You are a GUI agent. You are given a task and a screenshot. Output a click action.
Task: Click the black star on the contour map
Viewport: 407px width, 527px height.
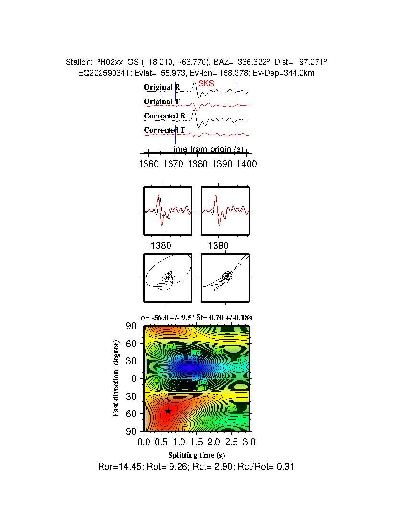(168, 411)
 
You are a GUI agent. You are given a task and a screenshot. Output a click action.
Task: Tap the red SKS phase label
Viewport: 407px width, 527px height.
(206, 83)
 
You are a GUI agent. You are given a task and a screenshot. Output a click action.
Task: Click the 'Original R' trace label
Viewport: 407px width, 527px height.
(162, 87)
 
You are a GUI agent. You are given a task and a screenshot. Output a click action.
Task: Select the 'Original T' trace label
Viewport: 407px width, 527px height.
(162, 102)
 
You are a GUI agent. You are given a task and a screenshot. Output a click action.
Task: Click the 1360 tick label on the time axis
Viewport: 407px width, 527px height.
(148, 164)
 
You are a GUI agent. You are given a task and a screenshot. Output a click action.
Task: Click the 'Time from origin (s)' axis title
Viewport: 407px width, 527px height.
(206, 149)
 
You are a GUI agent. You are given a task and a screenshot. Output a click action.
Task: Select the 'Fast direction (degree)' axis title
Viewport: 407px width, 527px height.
(116, 378)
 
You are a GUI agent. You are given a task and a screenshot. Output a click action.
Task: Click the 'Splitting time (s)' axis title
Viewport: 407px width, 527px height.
(196, 455)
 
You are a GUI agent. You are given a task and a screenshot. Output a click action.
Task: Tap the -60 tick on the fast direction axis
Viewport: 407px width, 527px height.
(131, 413)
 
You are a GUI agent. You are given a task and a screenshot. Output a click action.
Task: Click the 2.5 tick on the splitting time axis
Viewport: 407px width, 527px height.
(232, 441)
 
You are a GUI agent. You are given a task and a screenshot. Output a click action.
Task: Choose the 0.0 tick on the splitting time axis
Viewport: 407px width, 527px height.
(144, 441)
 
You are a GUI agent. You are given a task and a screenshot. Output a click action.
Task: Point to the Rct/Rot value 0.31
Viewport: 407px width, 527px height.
(286, 466)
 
